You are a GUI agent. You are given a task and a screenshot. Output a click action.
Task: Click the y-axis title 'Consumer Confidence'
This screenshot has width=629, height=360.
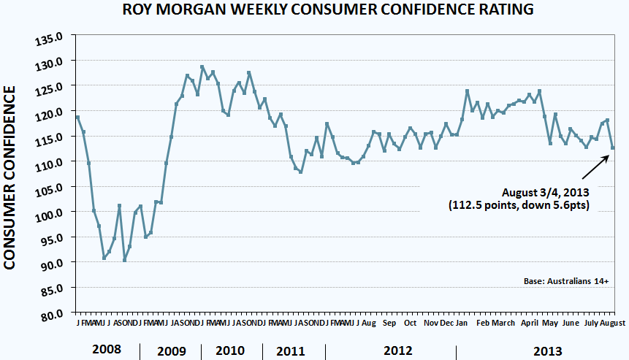(x=12, y=177)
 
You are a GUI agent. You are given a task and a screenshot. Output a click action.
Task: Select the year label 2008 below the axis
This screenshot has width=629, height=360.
(x=106, y=350)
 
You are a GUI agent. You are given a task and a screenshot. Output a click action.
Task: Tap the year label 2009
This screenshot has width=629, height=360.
(x=171, y=350)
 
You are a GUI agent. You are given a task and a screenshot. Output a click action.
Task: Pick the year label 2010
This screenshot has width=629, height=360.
(x=230, y=350)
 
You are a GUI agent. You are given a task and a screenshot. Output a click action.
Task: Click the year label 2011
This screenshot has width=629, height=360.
(x=291, y=350)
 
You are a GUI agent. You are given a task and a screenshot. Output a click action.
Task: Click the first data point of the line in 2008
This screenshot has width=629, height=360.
(x=77, y=117)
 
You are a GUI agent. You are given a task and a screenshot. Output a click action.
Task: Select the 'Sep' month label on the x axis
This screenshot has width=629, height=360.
(x=389, y=323)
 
